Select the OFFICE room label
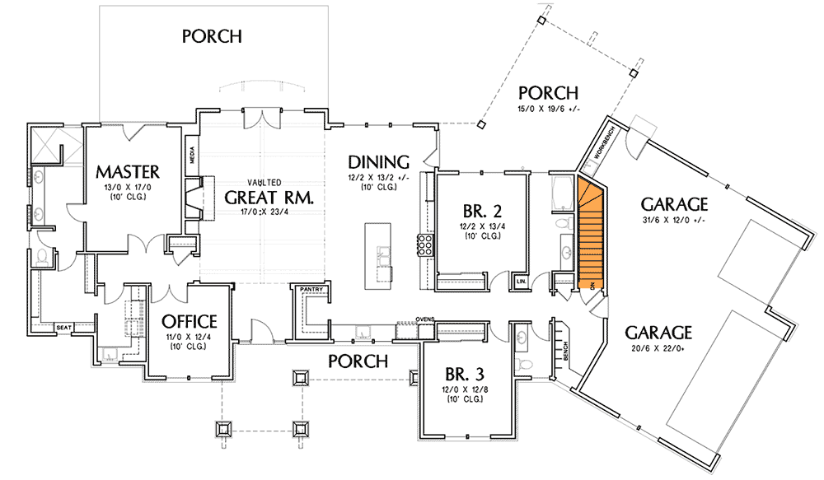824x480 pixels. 189,320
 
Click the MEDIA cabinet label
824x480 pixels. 192,155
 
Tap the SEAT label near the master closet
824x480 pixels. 63,328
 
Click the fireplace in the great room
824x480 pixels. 192,201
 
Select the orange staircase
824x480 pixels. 592,235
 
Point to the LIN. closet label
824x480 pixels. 521,282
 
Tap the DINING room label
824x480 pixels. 378,161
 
